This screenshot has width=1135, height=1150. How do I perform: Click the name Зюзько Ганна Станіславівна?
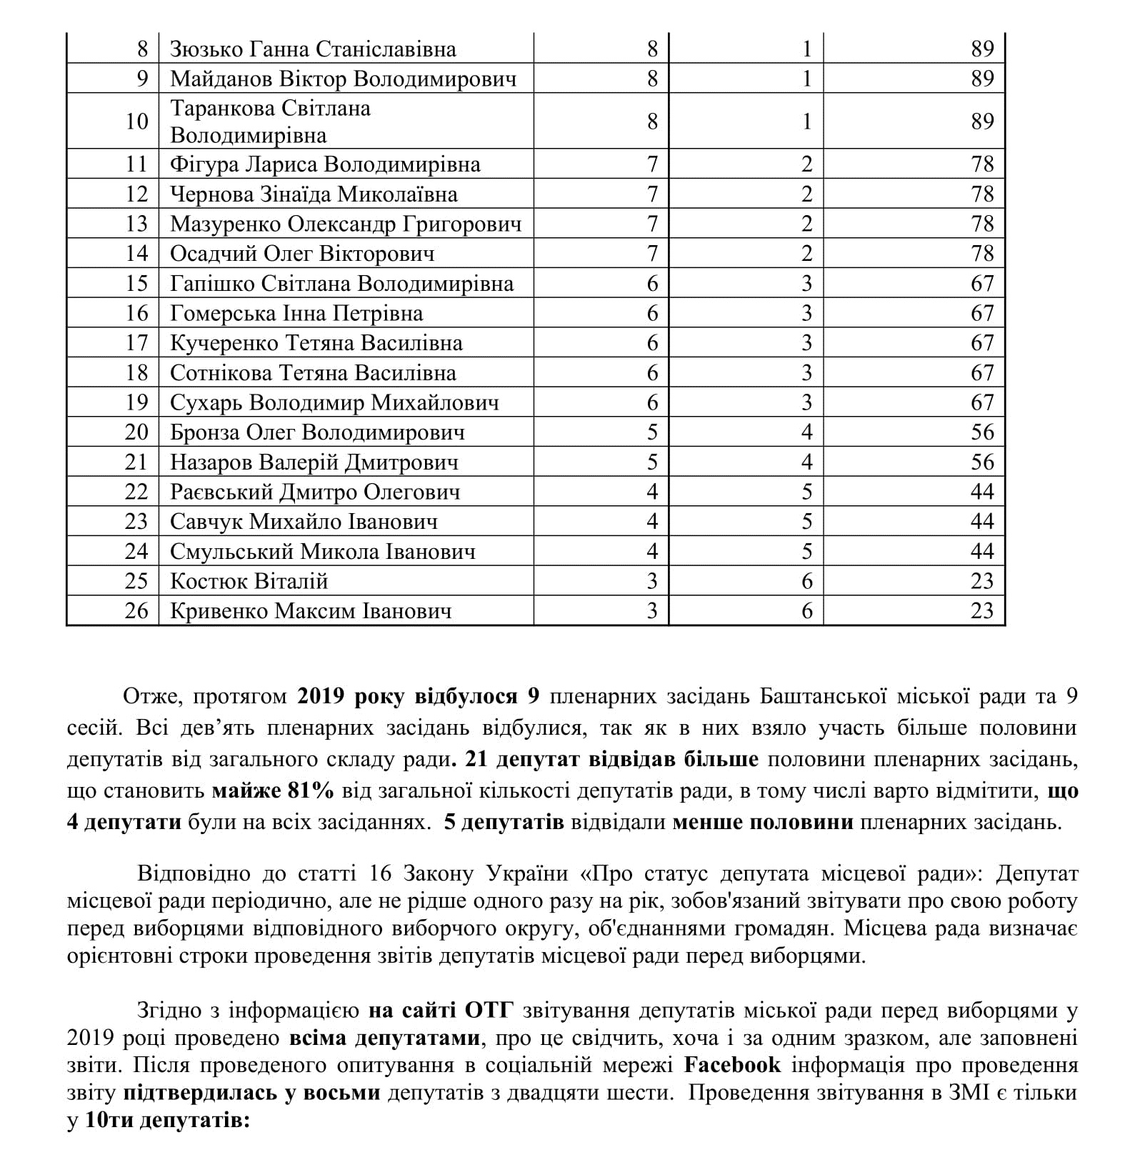click(x=313, y=49)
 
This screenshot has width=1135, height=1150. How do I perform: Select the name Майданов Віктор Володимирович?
click(x=343, y=79)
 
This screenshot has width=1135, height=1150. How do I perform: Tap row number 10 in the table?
click(x=136, y=122)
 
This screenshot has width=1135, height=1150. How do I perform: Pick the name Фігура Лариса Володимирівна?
click(x=325, y=165)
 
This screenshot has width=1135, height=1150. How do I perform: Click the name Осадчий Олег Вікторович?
click(x=302, y=254)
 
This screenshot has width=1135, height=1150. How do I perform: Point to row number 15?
click(x=136, y=284)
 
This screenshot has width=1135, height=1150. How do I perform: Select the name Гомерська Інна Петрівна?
click(x=296, y=314)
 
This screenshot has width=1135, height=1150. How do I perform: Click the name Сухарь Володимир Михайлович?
click(x=334, y=403)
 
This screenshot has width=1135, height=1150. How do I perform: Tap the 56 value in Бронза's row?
click(x=982, y=432)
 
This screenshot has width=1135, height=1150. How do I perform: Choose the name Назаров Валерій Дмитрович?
click(x=314, y=462)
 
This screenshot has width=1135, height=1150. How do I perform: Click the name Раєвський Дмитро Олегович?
click(x=315, y=492)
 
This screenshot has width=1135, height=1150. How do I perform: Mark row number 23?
click(x=136, y=522)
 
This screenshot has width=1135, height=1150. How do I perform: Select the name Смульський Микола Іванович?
click(x=323, y=552)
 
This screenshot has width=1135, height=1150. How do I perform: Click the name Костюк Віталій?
click(x=249, y=581)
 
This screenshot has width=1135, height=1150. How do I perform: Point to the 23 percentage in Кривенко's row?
click(x=982, y=611)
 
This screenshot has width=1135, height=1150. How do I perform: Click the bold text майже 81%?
click(x=273, y=791)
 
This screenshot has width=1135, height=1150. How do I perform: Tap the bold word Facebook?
click(x=732, y=1065)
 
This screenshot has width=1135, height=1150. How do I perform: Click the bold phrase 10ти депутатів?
click(x=167, y=1121)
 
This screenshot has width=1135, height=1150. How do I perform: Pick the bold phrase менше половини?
click(x=763, y=823)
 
